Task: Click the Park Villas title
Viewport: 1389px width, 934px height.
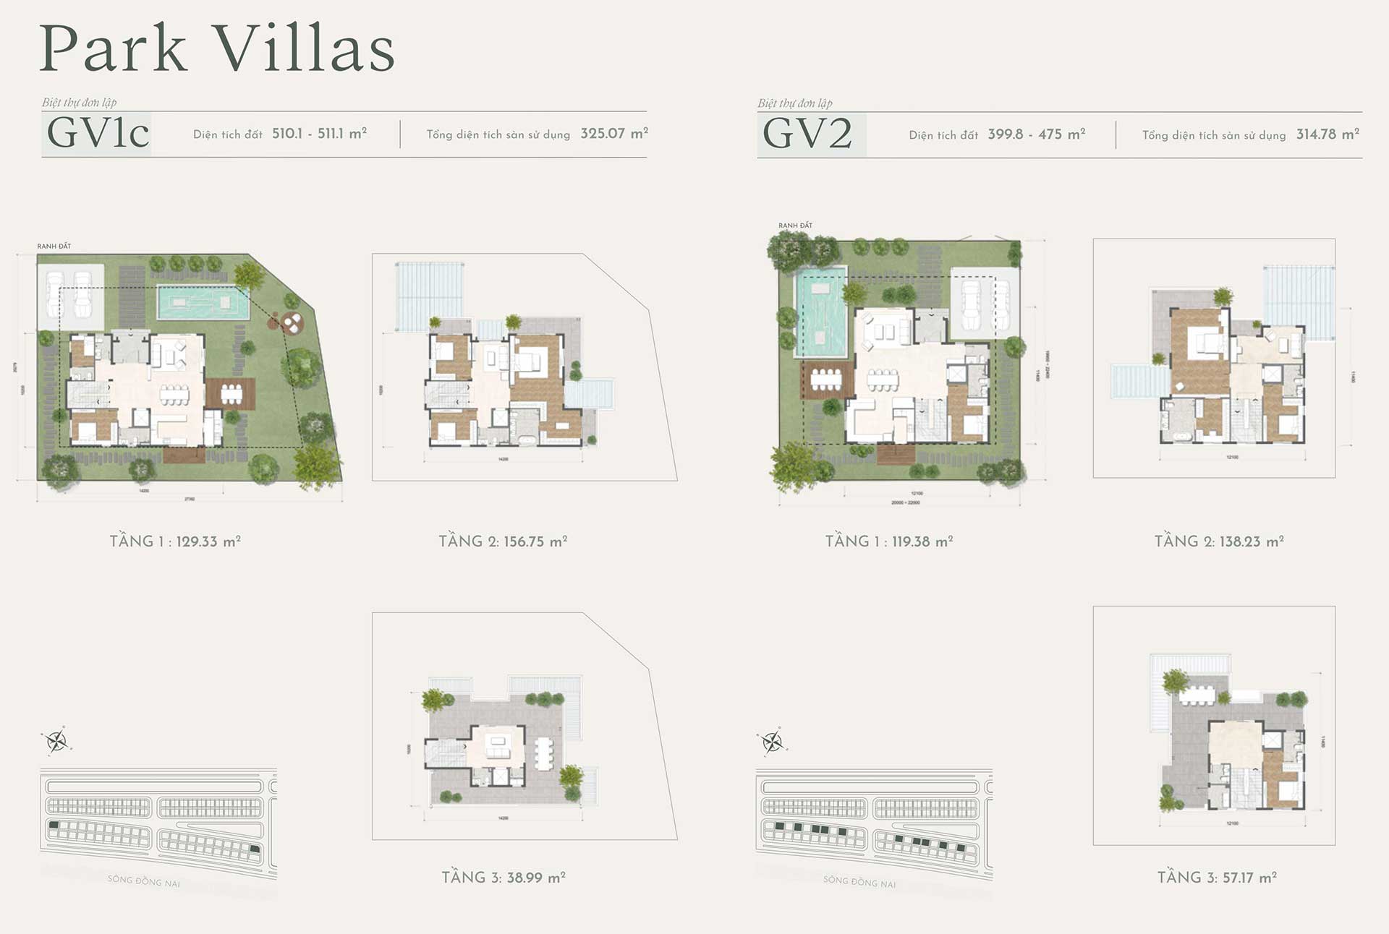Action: (217, 49)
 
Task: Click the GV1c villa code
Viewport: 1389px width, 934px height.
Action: (98, 133)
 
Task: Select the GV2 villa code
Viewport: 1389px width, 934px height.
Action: (807, 134)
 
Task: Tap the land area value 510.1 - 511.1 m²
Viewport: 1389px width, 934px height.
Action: (319, 134)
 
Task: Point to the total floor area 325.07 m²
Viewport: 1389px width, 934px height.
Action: (613, 134)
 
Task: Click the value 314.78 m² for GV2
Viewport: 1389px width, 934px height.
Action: (1328, 134)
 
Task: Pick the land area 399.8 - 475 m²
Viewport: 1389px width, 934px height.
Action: (1036, 134)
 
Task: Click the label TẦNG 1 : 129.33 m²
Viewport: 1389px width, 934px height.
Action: (175, 541)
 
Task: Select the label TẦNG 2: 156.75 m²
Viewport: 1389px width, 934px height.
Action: (503, 541)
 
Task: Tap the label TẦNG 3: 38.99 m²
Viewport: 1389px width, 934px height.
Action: (504, 878)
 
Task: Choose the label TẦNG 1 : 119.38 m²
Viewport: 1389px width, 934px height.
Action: (889, 541)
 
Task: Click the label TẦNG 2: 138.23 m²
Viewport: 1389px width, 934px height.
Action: (1219, 541)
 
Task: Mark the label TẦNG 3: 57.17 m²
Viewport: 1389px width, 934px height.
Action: (1217, 878)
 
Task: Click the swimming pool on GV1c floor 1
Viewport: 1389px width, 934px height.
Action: (203, 303)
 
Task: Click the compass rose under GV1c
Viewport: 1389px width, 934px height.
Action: (56, 740)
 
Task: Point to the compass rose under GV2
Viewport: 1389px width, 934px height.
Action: (772, 742)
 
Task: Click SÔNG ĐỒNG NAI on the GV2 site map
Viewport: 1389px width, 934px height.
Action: (859, 881)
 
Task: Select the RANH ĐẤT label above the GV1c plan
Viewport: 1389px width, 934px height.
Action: (54, 247)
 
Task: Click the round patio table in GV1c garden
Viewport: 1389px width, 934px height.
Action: (292, 323)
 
